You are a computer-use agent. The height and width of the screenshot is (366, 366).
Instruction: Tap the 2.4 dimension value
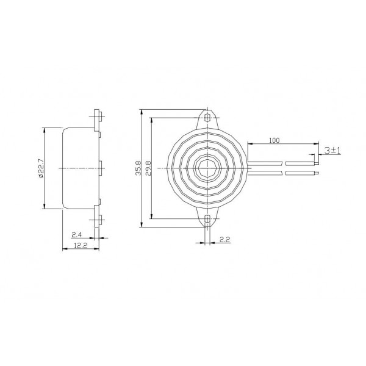(x=76, y=234)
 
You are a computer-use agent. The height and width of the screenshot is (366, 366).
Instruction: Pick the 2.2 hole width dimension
(x=224, y=240)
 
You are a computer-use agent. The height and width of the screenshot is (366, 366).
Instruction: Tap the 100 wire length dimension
(x=274, y=140)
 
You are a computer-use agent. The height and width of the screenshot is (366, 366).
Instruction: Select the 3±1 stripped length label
(x=332, y=149)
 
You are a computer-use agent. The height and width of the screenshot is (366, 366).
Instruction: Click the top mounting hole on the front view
(x=208, y=116)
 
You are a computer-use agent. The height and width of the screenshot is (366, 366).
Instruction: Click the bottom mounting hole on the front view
(x=208, y=219)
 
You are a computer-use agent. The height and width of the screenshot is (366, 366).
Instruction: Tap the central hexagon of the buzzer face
(x=208, y=167)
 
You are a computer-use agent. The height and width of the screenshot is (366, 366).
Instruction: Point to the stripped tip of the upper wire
(x=316, y=163)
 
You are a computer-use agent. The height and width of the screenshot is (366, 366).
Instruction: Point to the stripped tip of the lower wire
(x=316, y=173)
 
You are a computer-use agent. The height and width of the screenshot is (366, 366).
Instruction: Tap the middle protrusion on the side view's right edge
(x=101, y=167)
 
